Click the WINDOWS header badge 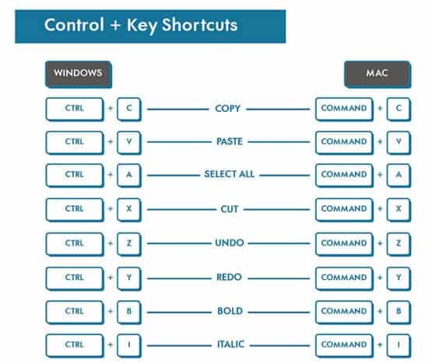[x=79, y=75]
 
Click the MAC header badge [x=377, y=75]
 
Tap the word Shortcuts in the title [x=199, y=25]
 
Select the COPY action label [x=228, y=109]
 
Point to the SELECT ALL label [x=230, y=174]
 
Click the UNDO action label [x=230, y=243]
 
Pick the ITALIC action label [x=230, y=345]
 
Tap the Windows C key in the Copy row [x=129, y=109]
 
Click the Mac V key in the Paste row [x=398, y=142]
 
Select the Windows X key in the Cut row [x=129, y=209]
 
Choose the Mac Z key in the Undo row [x=398, y=244]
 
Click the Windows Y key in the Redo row [x=129, y=278]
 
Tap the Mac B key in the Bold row [x=398, y=312]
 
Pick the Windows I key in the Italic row [x=129, y=345]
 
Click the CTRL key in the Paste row [x=75, y=142]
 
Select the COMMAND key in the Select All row [x=344, y=175]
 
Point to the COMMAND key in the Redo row [x=344, y=278]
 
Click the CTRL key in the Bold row [x=75, y=312]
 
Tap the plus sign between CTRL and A [x=111, y=174]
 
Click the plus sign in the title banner [x=115, y=25]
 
